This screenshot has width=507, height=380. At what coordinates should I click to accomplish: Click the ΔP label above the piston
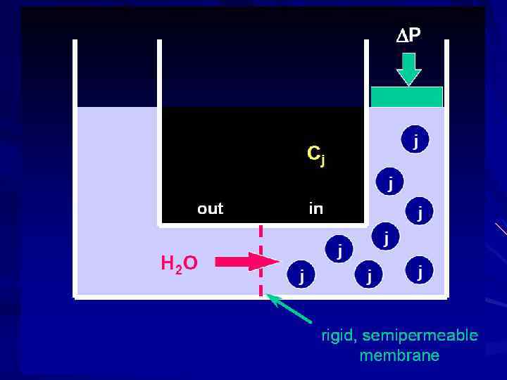click(408, 35)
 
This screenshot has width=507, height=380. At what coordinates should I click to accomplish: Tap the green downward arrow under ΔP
click(408, 68)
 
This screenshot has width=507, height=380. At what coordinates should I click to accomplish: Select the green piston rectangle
click(406, 96)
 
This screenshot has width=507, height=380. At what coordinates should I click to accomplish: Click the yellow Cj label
click(315, 154)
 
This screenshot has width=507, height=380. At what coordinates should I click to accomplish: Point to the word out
click(210, 208)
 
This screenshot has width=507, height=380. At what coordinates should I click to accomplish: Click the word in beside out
click(316, 208)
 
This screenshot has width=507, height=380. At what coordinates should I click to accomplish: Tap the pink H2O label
click(179, 264)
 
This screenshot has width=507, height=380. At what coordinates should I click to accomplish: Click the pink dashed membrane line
click(261, 260)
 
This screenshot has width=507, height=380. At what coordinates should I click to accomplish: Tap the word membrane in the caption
click(399, 355)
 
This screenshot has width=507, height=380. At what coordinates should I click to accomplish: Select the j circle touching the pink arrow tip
click(301, 273)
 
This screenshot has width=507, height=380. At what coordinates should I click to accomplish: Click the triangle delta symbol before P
click(400, 35)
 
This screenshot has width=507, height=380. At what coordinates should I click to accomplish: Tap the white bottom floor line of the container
click(261, 297)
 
